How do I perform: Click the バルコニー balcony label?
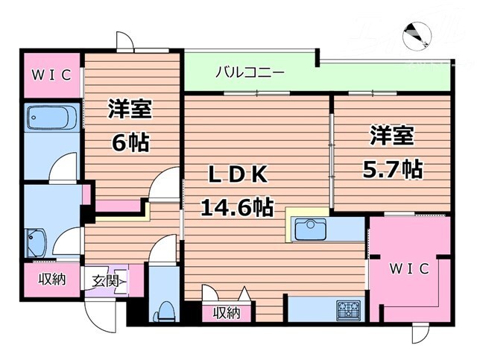(x=250, y=73)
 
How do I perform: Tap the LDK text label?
(x=236, y=174)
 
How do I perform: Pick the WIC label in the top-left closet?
(x=51, y=75)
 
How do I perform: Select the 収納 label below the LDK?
(x=227, y=313)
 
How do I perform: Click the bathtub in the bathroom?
(x=49, y=119)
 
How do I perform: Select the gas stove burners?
(x=348, y=309)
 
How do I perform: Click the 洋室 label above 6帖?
(x=131, y=110)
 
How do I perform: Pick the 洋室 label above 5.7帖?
(x=392, y=137)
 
